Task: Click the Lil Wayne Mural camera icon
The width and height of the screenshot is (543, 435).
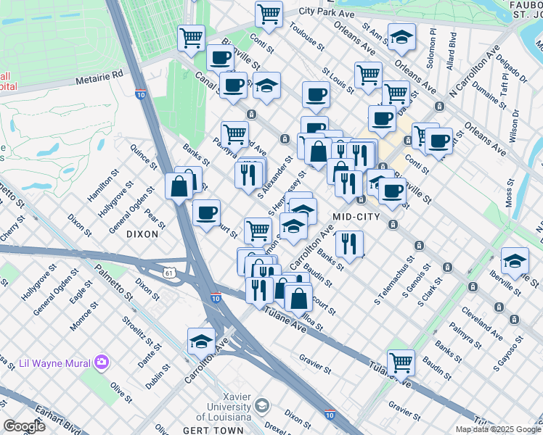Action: coord(101,361)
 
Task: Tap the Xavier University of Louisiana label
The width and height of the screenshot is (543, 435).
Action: coord(224,410)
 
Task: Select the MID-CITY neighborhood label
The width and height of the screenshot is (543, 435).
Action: coord(356,217)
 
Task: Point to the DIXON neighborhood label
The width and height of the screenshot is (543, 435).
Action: coord(142,234)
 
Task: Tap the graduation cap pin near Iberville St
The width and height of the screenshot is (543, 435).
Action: coord(515,260)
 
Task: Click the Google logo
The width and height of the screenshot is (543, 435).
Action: coord(24,426)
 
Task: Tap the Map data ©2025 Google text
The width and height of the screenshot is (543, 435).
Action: coord(497,429)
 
